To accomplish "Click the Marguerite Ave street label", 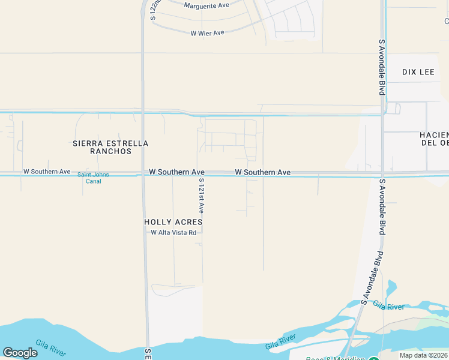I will [x=206, y=5].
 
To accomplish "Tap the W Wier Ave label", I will [x=207, y=33].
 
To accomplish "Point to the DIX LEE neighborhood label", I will [x=418, y=72].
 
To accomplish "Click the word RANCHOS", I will [x=110, y=151].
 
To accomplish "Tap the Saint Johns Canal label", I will [x=89, y=178].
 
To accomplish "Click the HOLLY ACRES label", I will [x=173, y=222].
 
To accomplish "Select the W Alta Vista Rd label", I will [x=173, y=233].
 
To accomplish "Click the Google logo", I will [x=20, y=353].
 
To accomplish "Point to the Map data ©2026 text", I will [x=424, y=355].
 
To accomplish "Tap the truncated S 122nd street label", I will [x=155, y=10].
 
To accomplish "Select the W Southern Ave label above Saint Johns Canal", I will [x=47, y=172].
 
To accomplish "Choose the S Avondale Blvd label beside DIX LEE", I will [x=381, y=67].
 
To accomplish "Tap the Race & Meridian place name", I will [x=335, y=358].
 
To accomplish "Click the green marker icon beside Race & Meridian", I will [x=373, y=359].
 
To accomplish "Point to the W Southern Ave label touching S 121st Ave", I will [x=177, y=172].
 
